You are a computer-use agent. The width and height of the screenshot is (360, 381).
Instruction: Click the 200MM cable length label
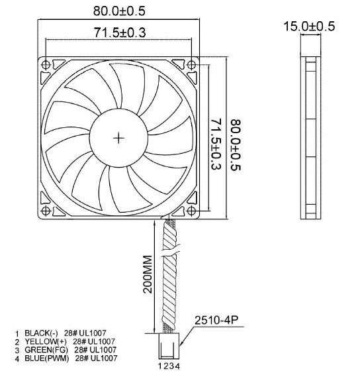tap(147, 273)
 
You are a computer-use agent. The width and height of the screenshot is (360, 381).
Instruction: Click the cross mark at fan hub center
tap(118, 138)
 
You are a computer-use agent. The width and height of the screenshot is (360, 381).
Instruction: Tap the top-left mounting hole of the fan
tap(46, 65)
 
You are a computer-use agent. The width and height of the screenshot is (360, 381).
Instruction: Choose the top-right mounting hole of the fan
tap(191, 65)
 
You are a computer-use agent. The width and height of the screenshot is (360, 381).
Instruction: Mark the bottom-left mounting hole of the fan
tap(46, 211)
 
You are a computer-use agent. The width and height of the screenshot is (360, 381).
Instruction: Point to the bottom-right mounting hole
tap(191, 211)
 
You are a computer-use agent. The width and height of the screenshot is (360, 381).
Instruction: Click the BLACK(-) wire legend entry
tap(61, 333)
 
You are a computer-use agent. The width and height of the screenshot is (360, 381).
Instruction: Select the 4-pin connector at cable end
tap(167, 346)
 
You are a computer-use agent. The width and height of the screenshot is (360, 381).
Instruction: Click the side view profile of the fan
tap(309, 138)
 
